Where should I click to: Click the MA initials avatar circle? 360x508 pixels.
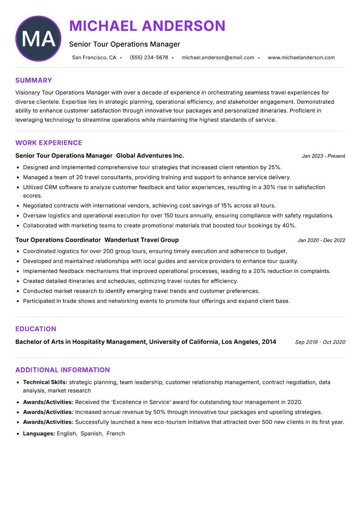point(38,39)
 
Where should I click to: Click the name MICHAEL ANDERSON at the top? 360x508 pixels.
point(147,26)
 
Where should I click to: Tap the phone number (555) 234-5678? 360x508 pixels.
point(149,58)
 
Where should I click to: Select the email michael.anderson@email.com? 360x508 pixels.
point(218,58)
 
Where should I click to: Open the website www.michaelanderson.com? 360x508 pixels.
point(301,58)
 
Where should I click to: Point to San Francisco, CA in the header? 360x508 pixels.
point(94,58)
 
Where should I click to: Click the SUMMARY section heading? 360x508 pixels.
point(34,80)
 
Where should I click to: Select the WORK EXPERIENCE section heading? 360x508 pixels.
point(49,143)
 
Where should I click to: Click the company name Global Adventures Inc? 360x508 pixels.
point(150,156)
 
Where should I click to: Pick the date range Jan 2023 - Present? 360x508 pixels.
point(323,156)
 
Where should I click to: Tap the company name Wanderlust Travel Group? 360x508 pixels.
point(141,240)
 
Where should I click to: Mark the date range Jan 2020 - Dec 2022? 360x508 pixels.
point(321,241)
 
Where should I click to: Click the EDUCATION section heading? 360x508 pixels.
point(36,329)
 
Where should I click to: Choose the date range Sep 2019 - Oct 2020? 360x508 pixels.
point(320,342)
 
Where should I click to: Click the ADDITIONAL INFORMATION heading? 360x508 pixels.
point(63,370)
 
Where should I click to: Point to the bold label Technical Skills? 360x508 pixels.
point(45,382)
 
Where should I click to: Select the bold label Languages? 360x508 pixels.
point(39,434)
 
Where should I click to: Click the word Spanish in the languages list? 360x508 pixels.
point(92,434)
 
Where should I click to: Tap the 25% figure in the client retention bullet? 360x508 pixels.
point(274,167)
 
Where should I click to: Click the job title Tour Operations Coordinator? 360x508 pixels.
point(58,240)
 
